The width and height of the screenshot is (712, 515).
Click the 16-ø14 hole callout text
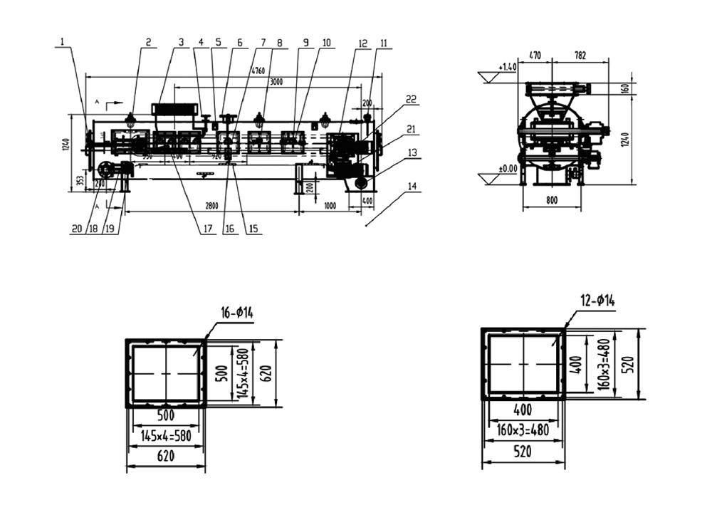pos(236,313)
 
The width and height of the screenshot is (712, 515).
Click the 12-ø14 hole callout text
pos(597,301)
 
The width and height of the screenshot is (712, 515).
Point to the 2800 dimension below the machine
pos(211,206)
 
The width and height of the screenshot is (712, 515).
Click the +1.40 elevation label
pos(507,67)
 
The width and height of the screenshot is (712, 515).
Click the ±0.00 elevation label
pos(506,169)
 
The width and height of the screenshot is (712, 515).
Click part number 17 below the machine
pos(208,229)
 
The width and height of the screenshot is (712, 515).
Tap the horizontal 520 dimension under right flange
pos(523,454)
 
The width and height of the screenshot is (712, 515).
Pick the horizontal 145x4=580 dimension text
pos(165,436)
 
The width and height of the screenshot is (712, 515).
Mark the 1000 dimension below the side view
pos(329,206)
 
